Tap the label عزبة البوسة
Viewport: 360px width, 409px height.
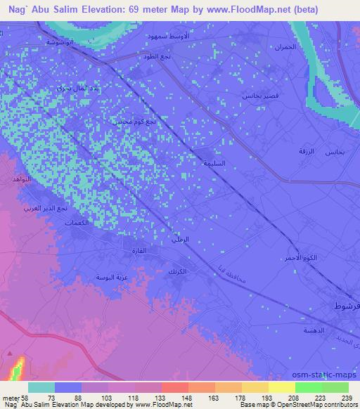point(112,278)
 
